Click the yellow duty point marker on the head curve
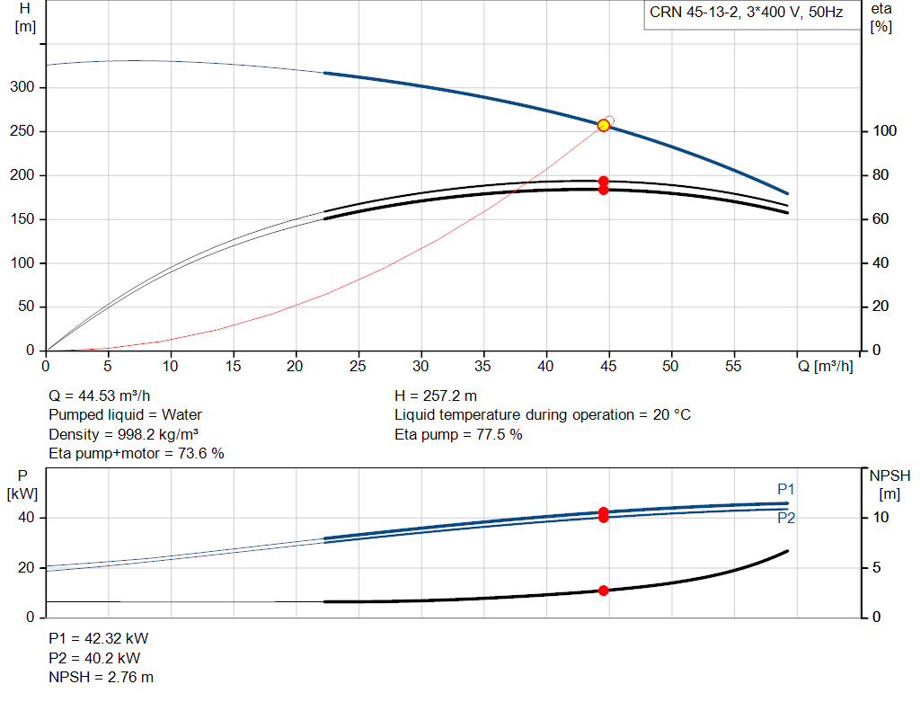pyautogui.click(x=603, y=126)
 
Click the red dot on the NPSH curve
pyautogui.click(x=603, y=591)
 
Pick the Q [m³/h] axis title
pyautogui.click(x=825, y=366)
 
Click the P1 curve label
pyautogui.click(x=785, y=489)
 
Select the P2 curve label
pyautogui.click(x=786, y=518)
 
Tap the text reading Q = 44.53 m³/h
pyautogui.click(x=99, y=396)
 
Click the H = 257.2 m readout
pyautogui.click(x=436, y=396)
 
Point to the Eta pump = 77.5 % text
pyautogui.click(x=458, y=434)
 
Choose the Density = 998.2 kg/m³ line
pyautogui.click(x=123, y=434)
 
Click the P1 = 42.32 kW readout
pyautogui.click(x=99, y=638)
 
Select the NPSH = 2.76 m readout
pyautogui.click(x=101, y=678)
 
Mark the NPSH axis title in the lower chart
pyautogui.click(x=889, y=484)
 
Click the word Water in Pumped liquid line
pyautogui.click(x=181, y=415)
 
